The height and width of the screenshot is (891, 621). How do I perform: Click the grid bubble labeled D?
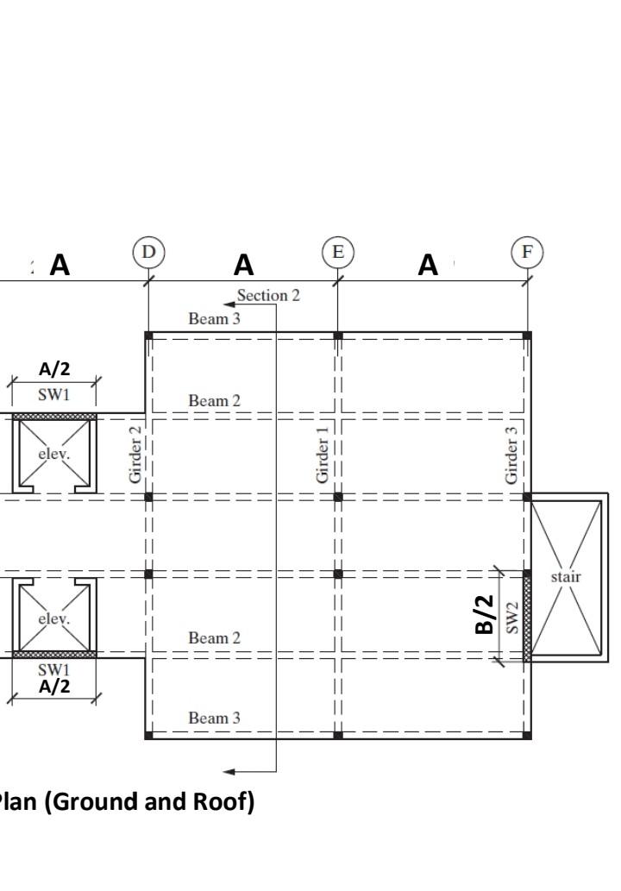coord(149,252)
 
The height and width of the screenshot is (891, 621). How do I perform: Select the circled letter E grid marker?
coord(338,252)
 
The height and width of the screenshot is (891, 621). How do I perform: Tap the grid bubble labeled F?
coord(527,252)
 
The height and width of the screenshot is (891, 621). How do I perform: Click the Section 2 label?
coord(268,296)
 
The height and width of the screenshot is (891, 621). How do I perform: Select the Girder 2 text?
coord(135,454)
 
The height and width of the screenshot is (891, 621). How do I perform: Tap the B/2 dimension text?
coord(486,615)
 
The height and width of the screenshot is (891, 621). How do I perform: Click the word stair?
coord(566,576)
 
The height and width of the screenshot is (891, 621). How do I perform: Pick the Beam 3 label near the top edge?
coord(215,319)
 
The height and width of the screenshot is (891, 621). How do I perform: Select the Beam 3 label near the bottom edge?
coord(215,718)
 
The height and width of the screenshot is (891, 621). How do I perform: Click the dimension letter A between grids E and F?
coord(428,266)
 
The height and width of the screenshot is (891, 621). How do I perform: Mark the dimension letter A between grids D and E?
coord(244,266)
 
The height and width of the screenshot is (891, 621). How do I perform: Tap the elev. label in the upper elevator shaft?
coord(53,454)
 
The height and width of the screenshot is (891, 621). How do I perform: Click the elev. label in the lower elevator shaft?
coord(53,618)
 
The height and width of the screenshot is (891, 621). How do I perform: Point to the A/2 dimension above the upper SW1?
coord(54,369)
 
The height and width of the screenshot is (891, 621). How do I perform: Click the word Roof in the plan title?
coord(224,802)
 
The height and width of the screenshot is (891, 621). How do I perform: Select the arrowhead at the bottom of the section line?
coord(228,770)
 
